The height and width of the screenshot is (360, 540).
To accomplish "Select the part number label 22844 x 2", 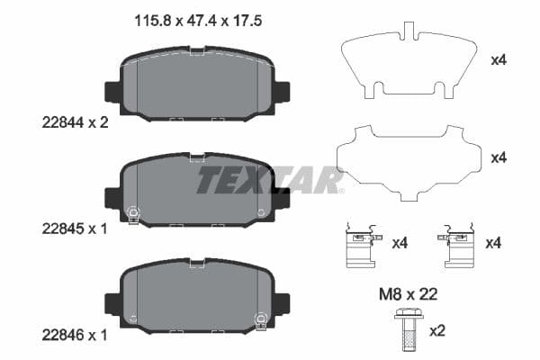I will pos(75,124).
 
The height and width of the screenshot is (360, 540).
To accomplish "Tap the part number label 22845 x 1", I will pos(75,229).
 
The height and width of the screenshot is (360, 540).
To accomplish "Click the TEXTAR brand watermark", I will pos(270,180).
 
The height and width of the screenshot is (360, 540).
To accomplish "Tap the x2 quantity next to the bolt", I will pos(437,331).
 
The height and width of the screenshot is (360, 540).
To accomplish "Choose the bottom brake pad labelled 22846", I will pos(198,294).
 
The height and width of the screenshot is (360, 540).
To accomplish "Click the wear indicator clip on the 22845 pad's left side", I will pos(133,214).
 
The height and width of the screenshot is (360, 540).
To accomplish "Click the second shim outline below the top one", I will pos(406,163).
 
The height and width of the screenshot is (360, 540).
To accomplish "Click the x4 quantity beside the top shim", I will pos(498,61).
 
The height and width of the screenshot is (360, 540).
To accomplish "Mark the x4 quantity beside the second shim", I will pos(498,157).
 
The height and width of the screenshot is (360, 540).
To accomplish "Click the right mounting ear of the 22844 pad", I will pos(282,92).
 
